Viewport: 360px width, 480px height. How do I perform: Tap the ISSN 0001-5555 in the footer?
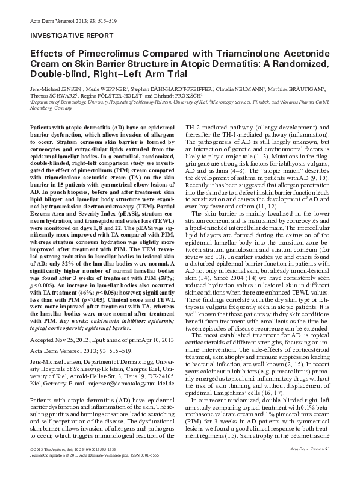tap(147, 471)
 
